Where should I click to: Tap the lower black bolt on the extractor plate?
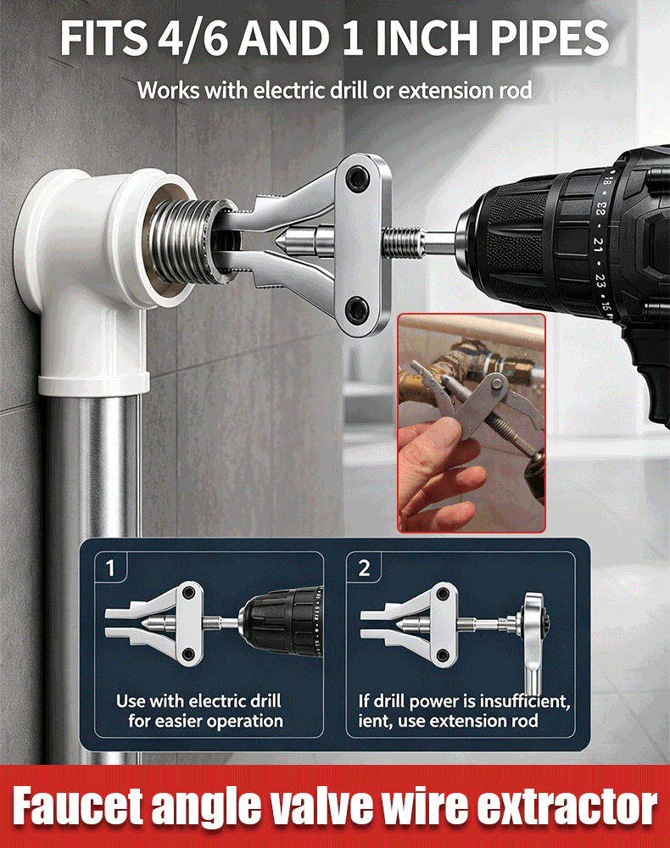356,309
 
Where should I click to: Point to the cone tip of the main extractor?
282,241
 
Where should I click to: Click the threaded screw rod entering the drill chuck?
403,242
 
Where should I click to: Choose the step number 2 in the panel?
364,568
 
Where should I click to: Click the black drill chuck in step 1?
282,623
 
